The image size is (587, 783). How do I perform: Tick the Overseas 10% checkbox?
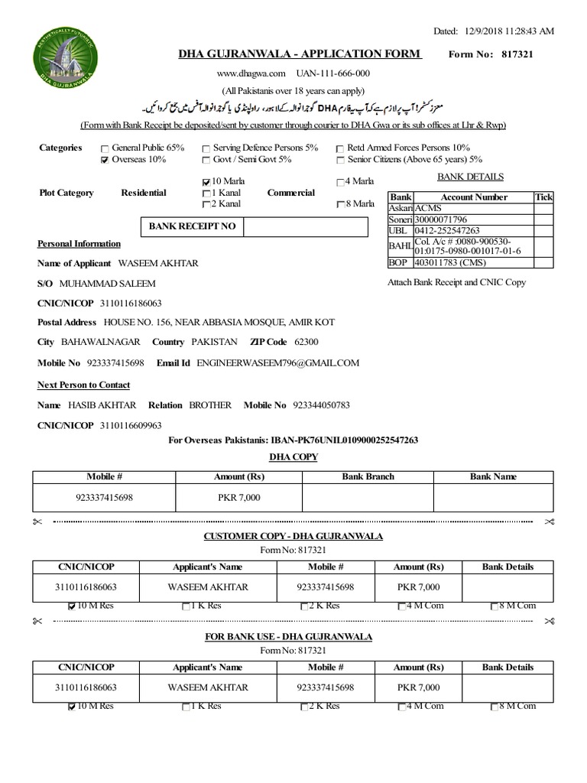click(105, 161)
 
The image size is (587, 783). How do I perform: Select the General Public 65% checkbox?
click(105, 148)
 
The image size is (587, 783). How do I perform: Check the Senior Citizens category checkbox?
click(340, 161)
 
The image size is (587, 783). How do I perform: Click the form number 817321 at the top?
click(517, 54)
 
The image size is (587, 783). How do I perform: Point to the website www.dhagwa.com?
click(251, 73)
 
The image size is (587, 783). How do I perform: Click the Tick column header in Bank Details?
click(543, 197)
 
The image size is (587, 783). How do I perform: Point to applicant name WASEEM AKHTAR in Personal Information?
click(158, 263)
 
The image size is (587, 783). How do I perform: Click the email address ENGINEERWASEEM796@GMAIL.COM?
click(277, 363)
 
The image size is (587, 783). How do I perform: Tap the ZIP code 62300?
click(306, 342)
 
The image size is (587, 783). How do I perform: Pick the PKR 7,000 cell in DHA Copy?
click(239, 498)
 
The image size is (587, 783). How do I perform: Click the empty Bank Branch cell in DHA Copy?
click(368, 498)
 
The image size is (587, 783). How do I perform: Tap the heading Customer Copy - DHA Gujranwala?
click(293, 537)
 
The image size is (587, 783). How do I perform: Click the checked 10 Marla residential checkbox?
click(206, 182)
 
